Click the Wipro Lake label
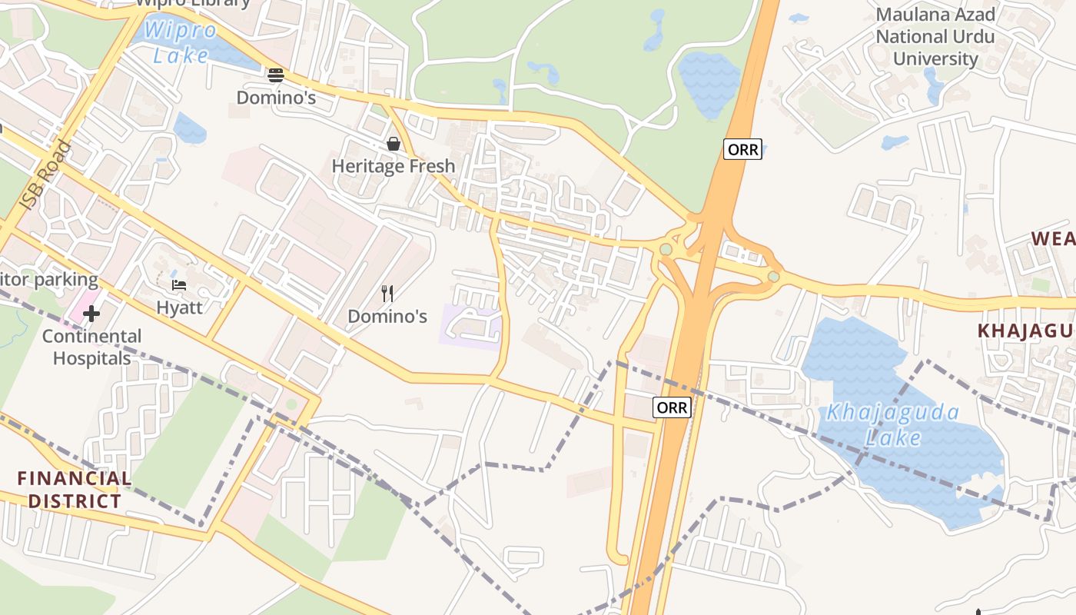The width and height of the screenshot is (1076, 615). pos(181,43)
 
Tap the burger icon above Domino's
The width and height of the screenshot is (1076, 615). pos(276,75)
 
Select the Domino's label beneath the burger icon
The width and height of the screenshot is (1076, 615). pos(276,98)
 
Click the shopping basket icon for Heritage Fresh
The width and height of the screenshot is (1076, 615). pos(394,144)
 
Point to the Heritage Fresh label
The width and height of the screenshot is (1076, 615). pos(394,166)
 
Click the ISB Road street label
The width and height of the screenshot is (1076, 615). pos(45,176)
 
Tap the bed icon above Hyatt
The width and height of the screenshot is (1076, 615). pos(179,285)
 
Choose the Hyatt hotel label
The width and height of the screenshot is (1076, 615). pos(179,307)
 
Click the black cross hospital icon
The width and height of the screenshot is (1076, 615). pos(91,314)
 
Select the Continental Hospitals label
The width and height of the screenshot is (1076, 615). pos(91,347)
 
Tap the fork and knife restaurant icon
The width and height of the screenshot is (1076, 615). pos(387,293)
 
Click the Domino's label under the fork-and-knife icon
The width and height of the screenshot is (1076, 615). pos(387,316)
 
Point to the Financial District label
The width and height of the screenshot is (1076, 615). pos(74,490)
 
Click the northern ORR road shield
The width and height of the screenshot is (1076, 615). pos(742,149)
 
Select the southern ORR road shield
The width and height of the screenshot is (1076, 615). pos(672,407)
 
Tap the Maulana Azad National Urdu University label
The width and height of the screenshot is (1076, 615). pos(935,36)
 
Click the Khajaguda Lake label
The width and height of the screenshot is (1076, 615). pos(892,424)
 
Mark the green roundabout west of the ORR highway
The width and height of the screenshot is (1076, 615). pos(666,249)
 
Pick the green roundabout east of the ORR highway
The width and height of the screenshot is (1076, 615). pos(773,277)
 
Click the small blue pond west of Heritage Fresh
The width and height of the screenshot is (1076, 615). pos(189,128)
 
